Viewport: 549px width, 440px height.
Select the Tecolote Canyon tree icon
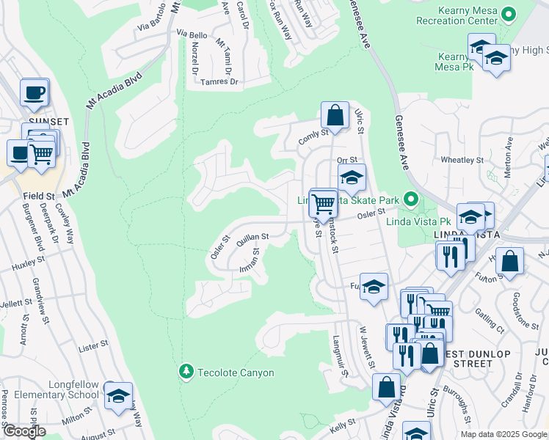click(186, 373)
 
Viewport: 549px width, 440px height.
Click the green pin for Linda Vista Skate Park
click(411, 199)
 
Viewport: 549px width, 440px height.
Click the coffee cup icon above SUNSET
click(34, 92)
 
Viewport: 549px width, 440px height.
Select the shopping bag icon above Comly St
click(335, 115)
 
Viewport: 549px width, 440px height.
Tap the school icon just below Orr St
click(352, 177)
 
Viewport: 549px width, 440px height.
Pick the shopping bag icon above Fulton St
click(509, 261)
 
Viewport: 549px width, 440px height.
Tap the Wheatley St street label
click(462, 159)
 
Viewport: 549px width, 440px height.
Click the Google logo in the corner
click(24, 431)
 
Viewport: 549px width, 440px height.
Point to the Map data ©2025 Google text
click(503, 434)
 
